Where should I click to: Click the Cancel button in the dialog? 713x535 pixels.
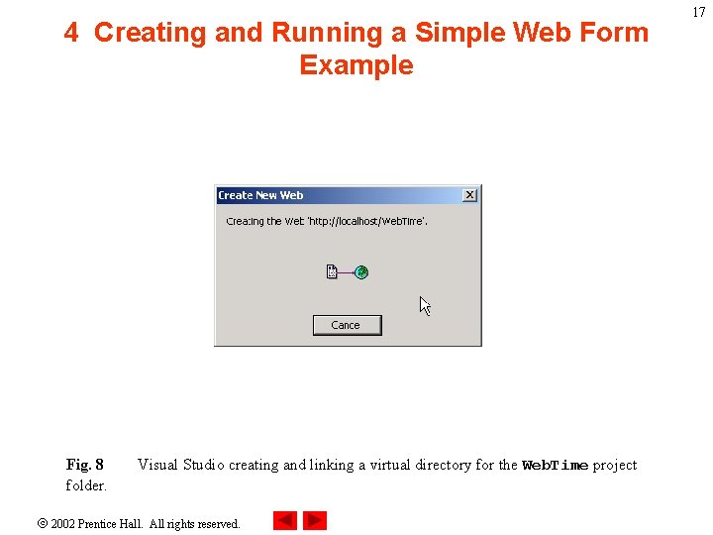click(347, 325)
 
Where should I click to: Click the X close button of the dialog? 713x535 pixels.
click(469, 195)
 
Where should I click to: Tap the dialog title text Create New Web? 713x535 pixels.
click(260, 195)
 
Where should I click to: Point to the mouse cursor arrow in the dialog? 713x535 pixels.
click(424, 305)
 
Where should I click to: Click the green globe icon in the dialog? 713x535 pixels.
click(361, 271)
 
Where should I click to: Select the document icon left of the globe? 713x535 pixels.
click(333, 271)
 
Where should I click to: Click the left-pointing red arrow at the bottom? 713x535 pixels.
click(284, 520)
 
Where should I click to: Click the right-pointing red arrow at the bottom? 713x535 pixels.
click(315, 520)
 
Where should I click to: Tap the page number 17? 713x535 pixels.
click(699, 12)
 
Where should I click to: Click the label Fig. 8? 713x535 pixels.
click(84, 465)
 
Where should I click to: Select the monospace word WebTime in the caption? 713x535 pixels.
click(555, 466)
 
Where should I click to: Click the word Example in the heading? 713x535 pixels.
click(356, 65)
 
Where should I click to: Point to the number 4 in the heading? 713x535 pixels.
click(71, 33)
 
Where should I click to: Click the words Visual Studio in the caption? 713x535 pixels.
click(181, 465)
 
